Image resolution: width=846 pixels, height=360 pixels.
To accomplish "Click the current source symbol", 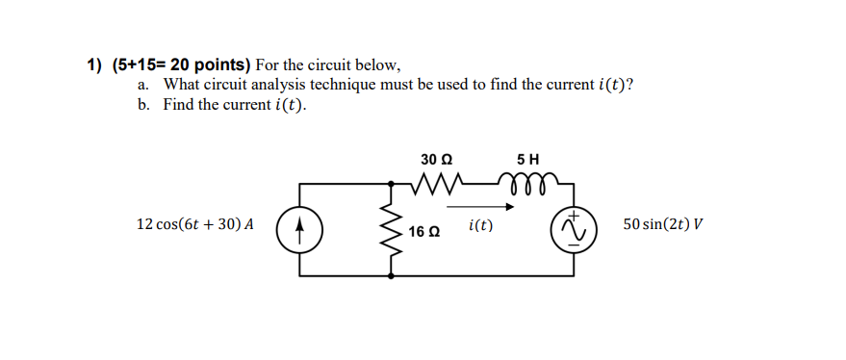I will (299, 230).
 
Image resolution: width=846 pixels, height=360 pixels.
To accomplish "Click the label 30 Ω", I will (436, 158).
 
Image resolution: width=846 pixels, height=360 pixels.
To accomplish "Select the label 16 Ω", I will (423, 232).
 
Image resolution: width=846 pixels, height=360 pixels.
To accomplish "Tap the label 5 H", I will (527, 158).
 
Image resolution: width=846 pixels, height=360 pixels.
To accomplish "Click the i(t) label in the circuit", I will (480, 226).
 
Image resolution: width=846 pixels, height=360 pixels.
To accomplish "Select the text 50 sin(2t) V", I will (662, 224).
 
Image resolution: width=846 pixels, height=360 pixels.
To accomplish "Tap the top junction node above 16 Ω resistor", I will (391, 183).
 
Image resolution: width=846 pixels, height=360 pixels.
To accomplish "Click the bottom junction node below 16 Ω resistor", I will (391, 276).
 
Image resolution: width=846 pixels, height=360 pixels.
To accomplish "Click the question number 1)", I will (94, 65).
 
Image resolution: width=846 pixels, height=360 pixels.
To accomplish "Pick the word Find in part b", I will (179, 104).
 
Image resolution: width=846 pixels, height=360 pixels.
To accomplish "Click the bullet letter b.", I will (142, 104).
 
